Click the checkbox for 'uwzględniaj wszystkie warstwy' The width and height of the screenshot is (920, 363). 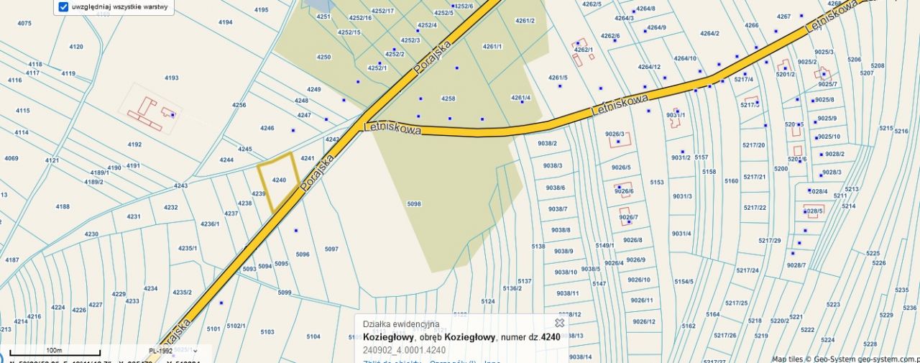(63, 7)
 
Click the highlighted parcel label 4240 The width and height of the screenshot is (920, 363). (280, 180)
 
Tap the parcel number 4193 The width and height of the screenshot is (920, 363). (171, 78)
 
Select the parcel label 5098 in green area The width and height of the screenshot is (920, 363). (414, 204)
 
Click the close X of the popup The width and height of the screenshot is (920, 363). (559, 323)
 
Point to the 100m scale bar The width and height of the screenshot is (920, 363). (53, 354)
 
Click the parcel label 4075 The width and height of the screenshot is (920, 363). (24, 23)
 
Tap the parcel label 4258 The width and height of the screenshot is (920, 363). (448, 98)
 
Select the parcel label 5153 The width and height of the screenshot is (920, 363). (657, 183)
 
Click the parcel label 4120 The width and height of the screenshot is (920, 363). (76, 47)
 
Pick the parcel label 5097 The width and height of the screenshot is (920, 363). (331, 249)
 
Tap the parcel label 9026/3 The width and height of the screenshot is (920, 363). (615, 134)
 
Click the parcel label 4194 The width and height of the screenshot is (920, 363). (226, 22)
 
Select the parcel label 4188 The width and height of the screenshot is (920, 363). (63, 206)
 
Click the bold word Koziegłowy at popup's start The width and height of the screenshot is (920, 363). (387, 336)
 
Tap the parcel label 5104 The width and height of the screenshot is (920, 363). (313, 336)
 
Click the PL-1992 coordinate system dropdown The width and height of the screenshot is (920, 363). (165, 351)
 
